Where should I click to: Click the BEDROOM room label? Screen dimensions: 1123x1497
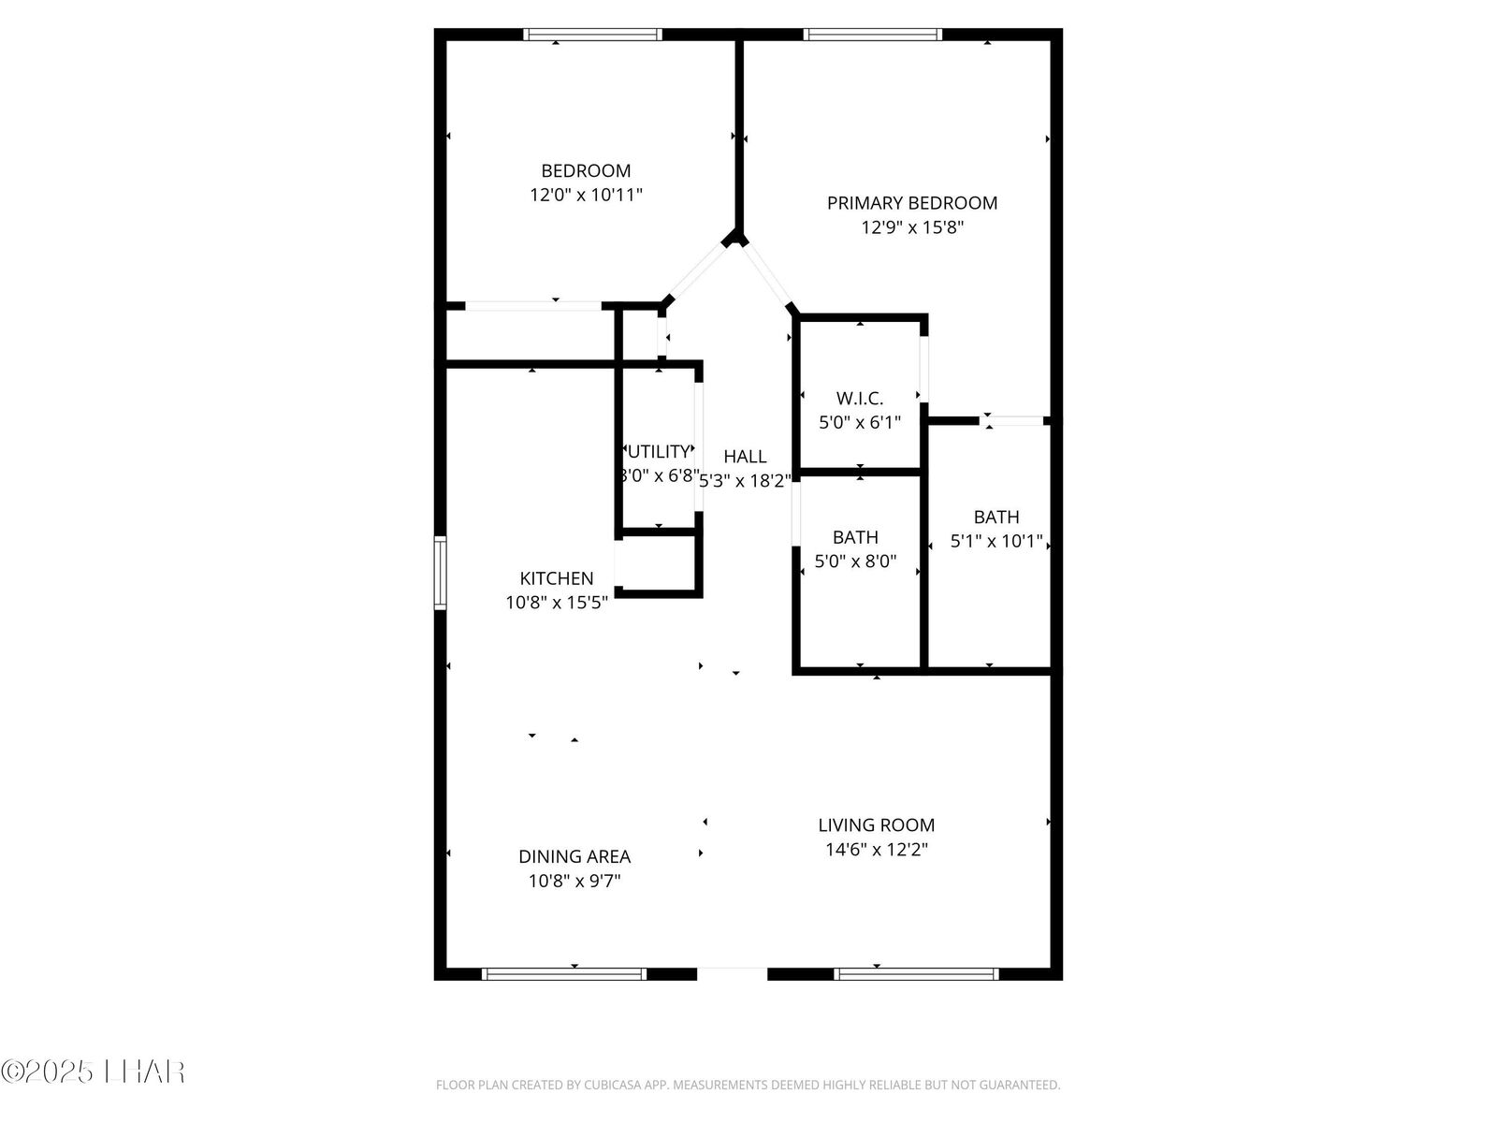click(586, 171)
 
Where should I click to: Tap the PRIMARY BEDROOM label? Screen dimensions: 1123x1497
click(911, 203)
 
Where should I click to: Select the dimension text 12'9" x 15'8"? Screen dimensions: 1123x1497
click(911, 227)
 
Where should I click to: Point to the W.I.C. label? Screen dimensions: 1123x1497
click(859, 398)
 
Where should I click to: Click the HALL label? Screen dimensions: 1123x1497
click(745, 457)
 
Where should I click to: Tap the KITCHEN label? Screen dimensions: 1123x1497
click(557, 578)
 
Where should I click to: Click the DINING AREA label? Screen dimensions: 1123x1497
click(574, 856)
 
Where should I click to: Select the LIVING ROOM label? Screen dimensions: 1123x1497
click(876, 825)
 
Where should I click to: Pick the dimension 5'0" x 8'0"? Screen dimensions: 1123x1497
click(855, 561)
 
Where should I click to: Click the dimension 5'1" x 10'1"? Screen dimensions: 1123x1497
click(996, 541)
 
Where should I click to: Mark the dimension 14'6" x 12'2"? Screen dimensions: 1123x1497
click(876, 850)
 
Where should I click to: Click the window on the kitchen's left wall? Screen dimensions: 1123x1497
click(440, 573)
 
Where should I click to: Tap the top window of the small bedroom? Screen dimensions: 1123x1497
click(592, 35)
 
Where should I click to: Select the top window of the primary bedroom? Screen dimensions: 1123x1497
click(872, 35)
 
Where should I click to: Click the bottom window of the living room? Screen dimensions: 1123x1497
click(916, 973)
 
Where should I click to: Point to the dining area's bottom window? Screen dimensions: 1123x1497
click(564, 973)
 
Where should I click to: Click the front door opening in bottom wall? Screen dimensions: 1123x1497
click(732, 973)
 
